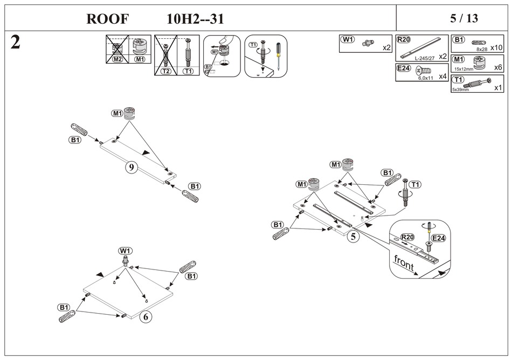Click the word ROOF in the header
coord(108,19)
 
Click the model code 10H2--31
coord(195,19)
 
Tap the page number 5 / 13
coord(463,18)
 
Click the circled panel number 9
coord(131,168)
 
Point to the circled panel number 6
coord(144,317)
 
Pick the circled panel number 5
coord(353,236)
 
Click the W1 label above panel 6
coord(126,251)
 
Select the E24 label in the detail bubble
coord(439,238)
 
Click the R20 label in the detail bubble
coord(407,237)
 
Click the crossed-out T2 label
coord(166,71)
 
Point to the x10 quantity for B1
coord(496,48)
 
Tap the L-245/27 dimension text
coord(425,58)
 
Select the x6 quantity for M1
coord(497,67)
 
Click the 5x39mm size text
coord(460,89)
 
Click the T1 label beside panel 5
coord(415,185)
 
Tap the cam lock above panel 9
coord(129,113)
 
